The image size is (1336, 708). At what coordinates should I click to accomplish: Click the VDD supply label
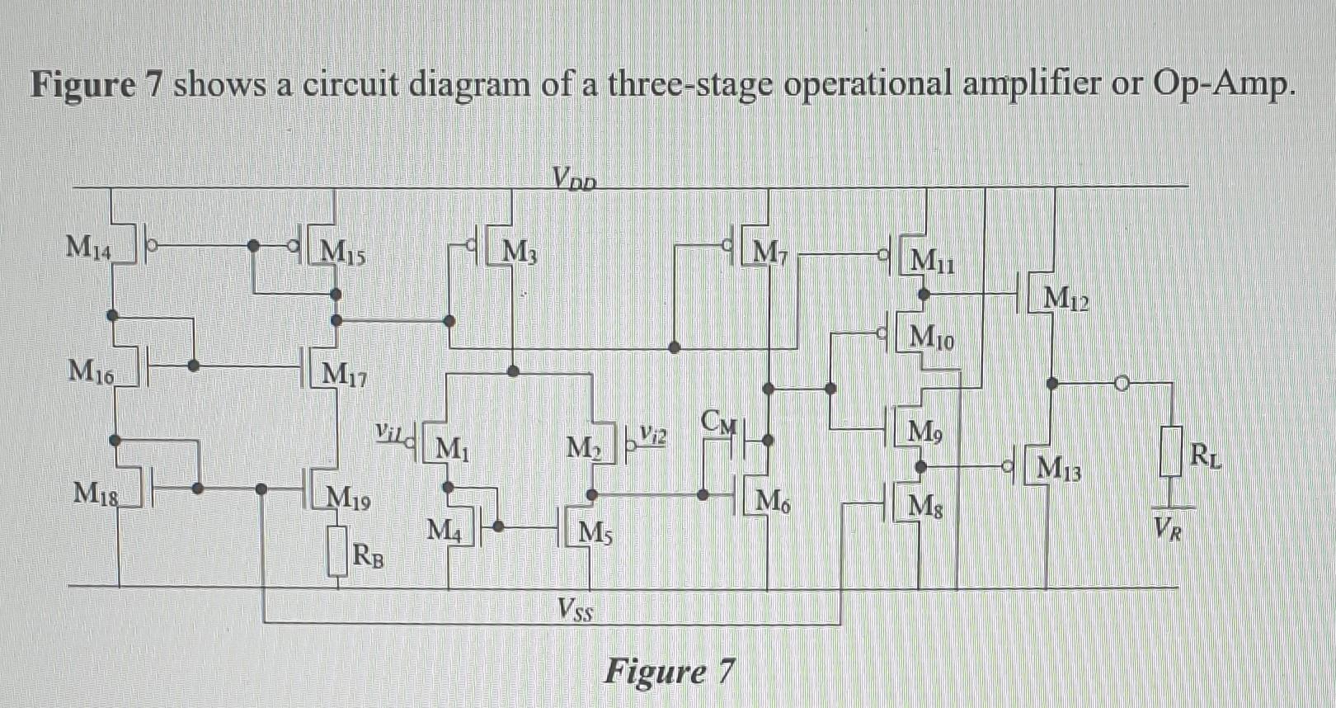tap(574, 177)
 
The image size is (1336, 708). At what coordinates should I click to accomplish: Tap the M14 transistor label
tap(88, 246)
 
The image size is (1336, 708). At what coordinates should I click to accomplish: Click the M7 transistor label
tap(772, 251)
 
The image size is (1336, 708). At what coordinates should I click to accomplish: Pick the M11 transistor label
tap(932, 262)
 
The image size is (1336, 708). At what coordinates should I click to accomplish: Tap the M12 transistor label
tap(1066, 299)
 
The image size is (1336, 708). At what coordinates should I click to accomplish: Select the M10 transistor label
tap(932, 337)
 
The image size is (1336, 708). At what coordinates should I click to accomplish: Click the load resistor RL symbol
tap(1169, 451)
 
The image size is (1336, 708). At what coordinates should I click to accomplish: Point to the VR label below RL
tap(1168, 526)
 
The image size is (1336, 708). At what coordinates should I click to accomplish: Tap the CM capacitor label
tap(717, 421)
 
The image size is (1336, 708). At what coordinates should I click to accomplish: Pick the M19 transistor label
tap(348, 498)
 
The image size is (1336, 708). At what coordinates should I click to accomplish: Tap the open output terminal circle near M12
tap(1121, 383)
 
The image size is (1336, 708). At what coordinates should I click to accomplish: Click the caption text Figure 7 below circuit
tap(668, 672)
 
